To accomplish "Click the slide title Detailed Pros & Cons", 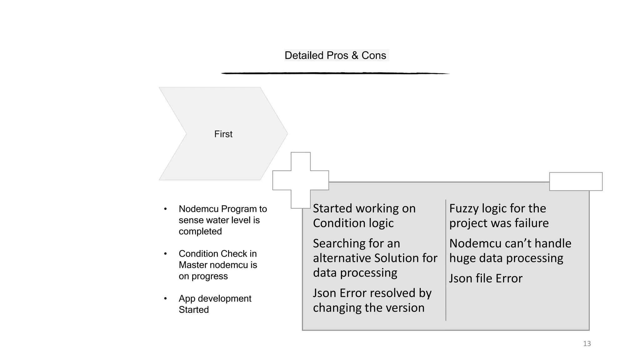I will [335, 55].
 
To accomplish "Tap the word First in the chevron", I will [223, 134].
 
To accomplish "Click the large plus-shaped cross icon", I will [301, 180].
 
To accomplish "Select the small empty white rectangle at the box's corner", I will [576, 181].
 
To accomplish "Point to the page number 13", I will [587, 344].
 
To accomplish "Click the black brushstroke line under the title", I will [335, 73].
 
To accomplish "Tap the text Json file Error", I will [486, 278].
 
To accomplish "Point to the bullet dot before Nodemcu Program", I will [165, 209].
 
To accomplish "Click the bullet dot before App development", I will [165, 299].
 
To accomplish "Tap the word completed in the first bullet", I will [200, 232].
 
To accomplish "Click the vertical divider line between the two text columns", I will [446, 259].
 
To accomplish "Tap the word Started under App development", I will [193, 310].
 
